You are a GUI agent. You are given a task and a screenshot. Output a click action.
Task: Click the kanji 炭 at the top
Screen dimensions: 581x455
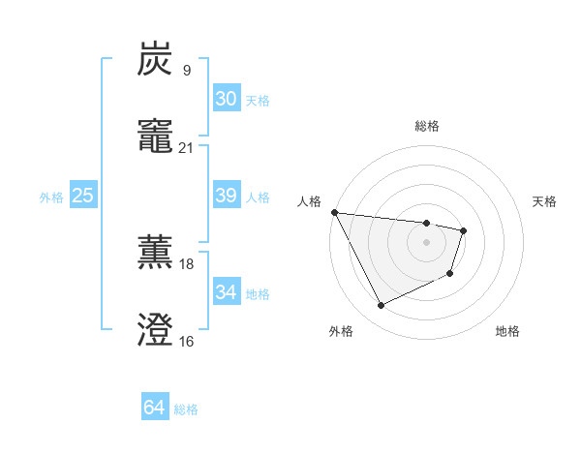tap(155, 60)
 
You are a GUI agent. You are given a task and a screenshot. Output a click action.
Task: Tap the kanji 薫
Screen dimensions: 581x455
tap(155, 254)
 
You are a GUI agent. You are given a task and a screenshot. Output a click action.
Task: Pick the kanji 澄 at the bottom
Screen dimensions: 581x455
tap(155, 331)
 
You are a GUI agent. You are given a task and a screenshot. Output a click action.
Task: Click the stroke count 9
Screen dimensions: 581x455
tap(186, 70)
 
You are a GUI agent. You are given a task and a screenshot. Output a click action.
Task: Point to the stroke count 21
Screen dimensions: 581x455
tap(186, 147)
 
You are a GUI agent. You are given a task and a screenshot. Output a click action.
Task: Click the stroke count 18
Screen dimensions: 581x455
tap(186, 263)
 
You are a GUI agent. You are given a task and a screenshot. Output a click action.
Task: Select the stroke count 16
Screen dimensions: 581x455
tap(186, 341)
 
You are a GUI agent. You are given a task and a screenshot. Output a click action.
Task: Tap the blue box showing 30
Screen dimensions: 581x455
tap(226, 99)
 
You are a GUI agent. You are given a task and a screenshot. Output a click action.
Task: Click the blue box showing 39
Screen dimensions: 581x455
tap(226, 196)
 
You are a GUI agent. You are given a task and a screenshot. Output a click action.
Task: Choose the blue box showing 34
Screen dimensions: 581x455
tap(226, 292)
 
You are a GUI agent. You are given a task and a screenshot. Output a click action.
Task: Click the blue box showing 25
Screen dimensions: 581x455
tap(82, 196)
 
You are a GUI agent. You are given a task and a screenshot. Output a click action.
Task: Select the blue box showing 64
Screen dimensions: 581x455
tap(154, 408)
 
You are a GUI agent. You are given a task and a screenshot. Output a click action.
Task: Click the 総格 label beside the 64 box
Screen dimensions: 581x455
tap(186, 409)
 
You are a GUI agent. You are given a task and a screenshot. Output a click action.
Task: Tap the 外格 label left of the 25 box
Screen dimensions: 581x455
tap(51, 197)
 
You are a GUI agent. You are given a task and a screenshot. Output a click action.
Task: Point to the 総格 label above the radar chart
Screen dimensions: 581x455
tap(426, 126)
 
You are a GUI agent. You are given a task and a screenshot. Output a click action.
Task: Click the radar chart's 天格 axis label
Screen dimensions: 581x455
tap(545, 201)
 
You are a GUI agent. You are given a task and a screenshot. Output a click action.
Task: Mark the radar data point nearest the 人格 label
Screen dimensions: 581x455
tap(334, 212)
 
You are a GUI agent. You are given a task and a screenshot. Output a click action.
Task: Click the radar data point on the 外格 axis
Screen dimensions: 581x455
tap(381, 306)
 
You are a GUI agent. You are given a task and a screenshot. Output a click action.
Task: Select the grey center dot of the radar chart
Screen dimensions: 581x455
tap(426, 242)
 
